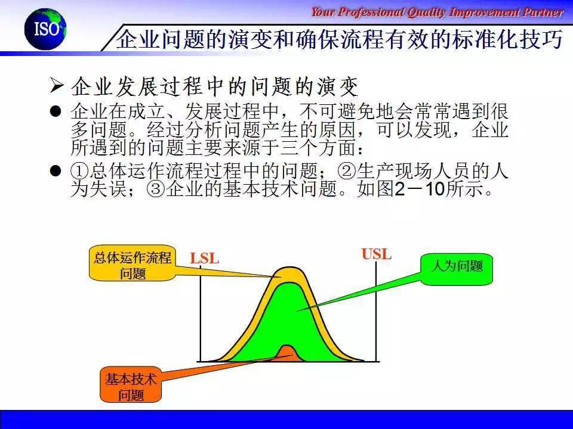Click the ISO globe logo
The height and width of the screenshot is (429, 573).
45,29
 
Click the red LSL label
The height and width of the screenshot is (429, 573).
205,259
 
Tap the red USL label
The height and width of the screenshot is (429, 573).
377,254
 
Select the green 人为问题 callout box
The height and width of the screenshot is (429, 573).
457,269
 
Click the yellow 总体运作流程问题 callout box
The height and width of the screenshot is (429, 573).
133,263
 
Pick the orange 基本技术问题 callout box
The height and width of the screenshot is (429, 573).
131,385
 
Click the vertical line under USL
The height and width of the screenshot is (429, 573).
376,312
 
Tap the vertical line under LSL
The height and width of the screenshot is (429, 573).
201,314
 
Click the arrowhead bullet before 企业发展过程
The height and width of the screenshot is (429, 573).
57,85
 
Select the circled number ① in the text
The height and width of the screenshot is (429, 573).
79,170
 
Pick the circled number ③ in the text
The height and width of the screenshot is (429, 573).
156,189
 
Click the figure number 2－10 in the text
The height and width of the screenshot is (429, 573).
420,189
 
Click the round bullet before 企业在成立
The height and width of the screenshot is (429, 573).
56,111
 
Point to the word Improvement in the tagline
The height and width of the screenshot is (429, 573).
485,13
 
